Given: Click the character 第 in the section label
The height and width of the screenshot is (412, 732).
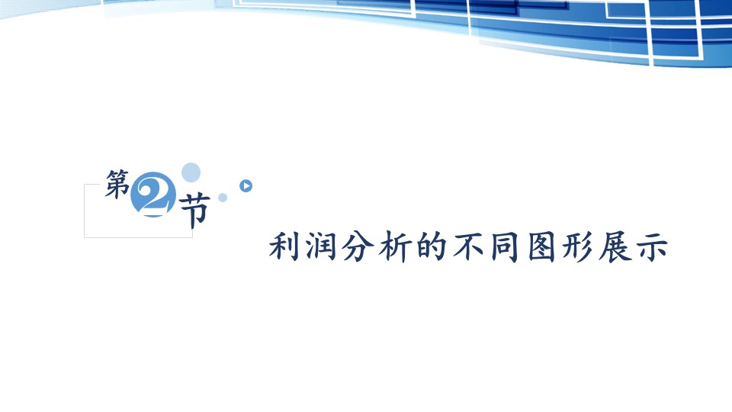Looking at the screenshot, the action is (x=117, y=184).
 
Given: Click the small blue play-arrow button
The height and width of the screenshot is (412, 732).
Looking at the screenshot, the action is (x=246, y=186).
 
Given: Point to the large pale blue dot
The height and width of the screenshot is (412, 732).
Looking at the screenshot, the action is (x=191, y=172).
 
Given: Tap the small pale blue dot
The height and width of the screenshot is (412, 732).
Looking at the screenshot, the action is (x=223, y=198).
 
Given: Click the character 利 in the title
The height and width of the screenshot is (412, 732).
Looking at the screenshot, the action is (x=284, y=246).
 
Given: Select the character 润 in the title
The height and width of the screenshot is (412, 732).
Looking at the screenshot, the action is (x=321, y=246).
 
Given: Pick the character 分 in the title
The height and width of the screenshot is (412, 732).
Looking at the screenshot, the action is (x=358, y=246).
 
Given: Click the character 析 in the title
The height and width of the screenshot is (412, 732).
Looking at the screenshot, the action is (x=394, y=246).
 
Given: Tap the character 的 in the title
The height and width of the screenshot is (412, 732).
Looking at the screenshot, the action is (x=432, y=246).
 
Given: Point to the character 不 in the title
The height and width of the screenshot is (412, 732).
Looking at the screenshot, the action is (x=468, y=246).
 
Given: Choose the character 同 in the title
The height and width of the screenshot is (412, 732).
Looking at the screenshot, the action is (x=505, y=246).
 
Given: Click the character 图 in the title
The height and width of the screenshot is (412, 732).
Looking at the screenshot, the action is (x=541, y=246).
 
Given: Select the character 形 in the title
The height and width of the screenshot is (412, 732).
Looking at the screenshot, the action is (x=578, y=246).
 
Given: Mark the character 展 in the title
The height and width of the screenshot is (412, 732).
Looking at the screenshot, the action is (x=615, y=246).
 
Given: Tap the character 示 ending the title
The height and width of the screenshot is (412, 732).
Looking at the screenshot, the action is (x=652, y=246).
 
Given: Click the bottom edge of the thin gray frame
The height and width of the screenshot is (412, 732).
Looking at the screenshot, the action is (x=138, y=237).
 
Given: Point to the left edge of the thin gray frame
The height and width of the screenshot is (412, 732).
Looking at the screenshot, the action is (x=85, y=211).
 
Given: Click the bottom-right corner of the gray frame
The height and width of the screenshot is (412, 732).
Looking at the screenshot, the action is (x=192, y=237).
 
